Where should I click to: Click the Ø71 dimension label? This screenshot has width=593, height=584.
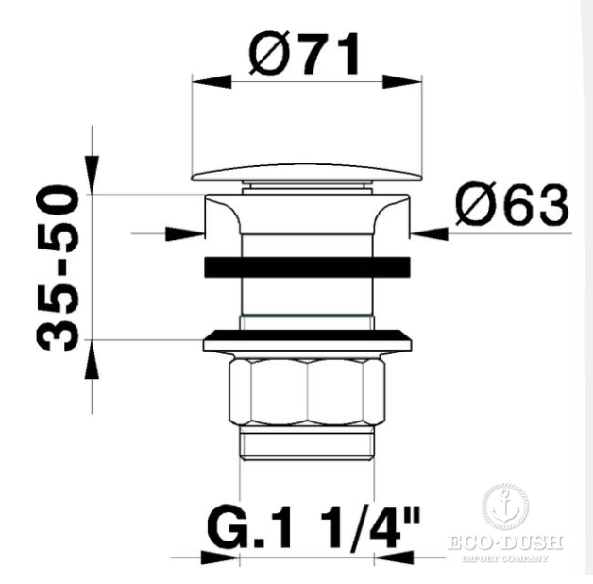tap(304, 53)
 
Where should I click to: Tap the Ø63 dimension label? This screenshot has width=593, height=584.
tap(512, 205)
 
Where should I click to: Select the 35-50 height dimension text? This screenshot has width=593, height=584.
tap(58, 267)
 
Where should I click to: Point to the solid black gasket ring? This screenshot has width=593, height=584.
tap(307, 267)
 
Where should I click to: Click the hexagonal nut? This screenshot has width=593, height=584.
tap(307, 392)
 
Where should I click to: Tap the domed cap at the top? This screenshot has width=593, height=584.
tap(307, 173)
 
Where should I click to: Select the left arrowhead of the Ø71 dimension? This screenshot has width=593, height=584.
tap(212, 81)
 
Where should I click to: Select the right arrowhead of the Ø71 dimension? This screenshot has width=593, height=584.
tap(402, 81)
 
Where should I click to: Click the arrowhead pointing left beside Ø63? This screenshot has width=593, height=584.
tap(430, 233)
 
